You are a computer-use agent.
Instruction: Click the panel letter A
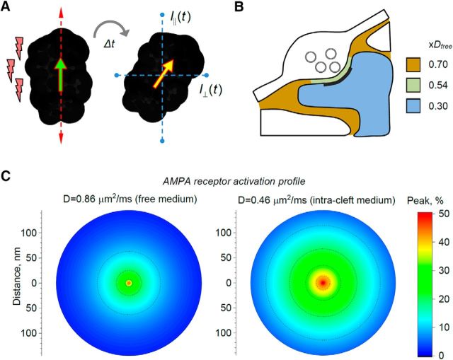8,8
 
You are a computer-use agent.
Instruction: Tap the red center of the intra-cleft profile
322,282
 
